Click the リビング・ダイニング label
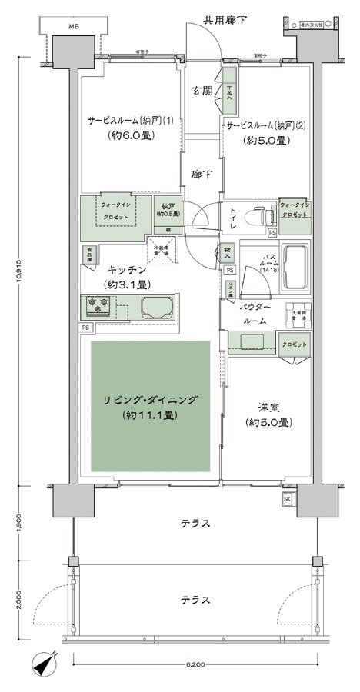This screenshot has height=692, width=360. tap(151, 400)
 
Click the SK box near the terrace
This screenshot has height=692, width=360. tap(287, 499)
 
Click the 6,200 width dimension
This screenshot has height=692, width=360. tap(193, 664)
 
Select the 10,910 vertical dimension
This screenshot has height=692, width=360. tap(16, 274)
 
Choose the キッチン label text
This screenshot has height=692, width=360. tap(123, 270)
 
